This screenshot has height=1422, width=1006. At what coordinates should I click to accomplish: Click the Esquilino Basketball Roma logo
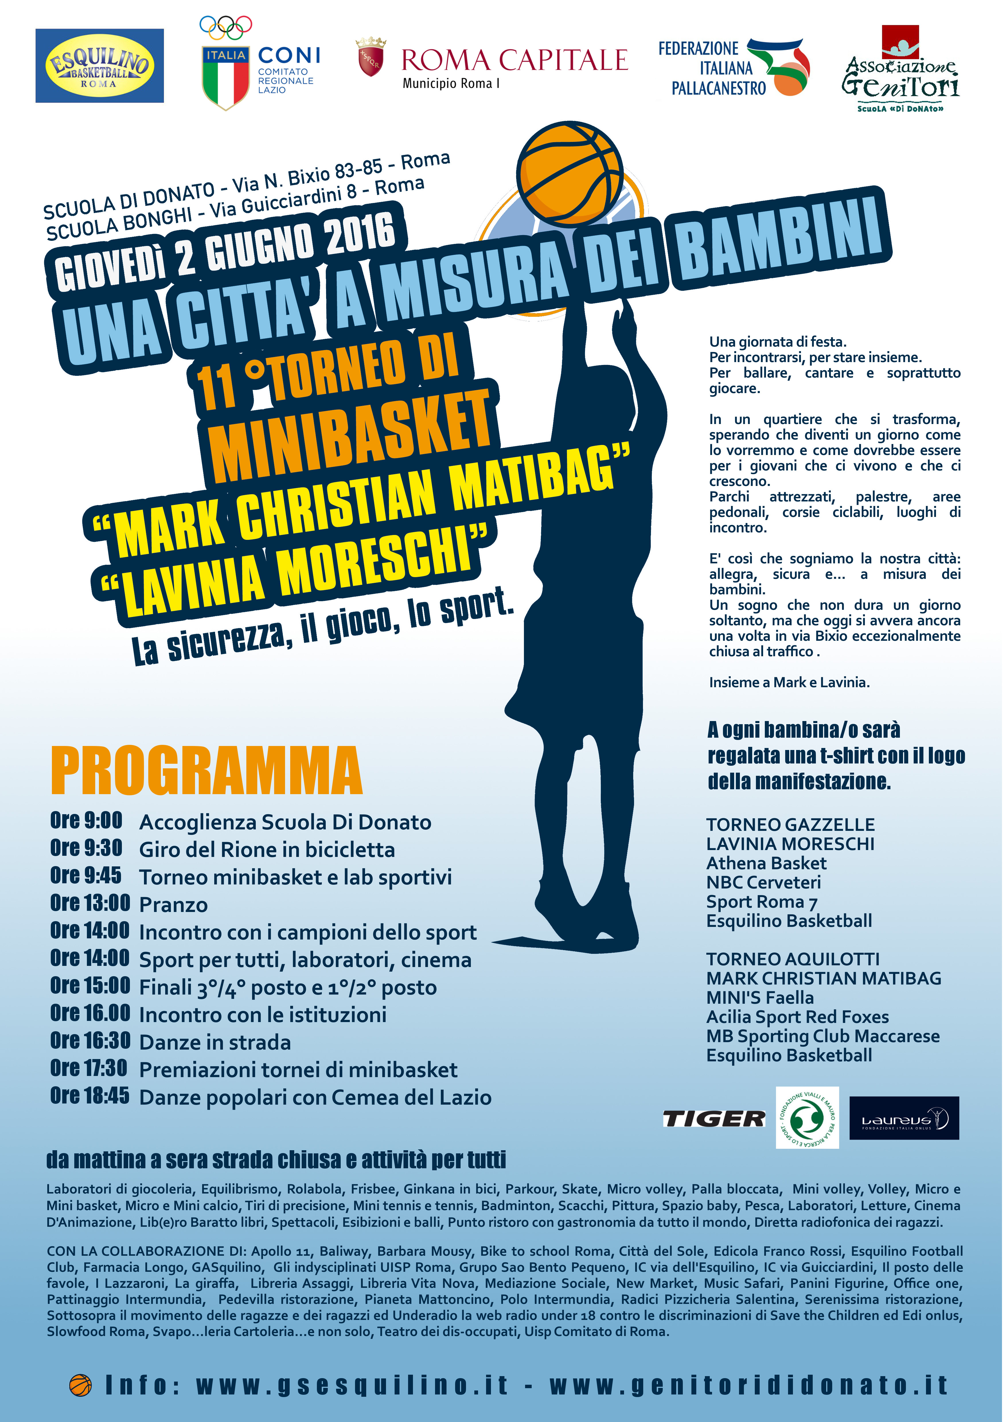(99, 66)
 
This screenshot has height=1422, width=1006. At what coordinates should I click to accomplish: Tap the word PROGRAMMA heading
(206, 771)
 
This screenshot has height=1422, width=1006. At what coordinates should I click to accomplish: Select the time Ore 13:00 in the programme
(90, 903)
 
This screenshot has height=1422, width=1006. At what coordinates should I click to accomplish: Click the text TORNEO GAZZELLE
(790, 825)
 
